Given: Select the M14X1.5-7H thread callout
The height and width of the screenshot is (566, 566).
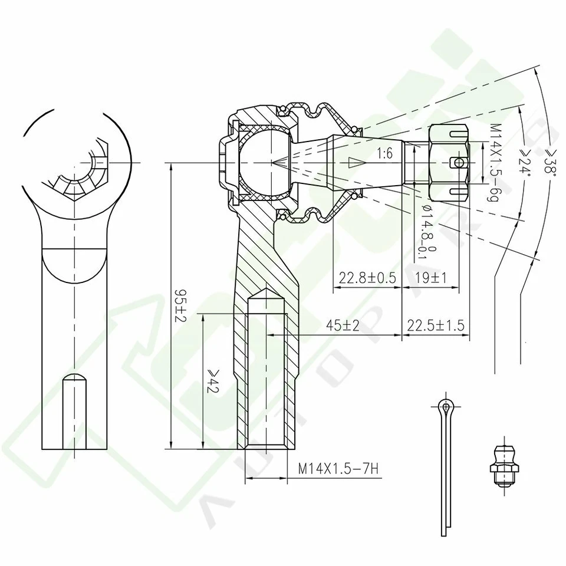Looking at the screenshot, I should pos(337,469).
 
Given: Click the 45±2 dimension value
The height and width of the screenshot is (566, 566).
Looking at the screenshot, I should pos(343,325).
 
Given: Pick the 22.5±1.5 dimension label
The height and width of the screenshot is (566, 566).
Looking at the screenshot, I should pos(436,325).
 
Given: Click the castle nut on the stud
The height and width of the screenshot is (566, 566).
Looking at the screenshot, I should pos(449,162).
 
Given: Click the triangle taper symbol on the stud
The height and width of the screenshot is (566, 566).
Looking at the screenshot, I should pos(354,162).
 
